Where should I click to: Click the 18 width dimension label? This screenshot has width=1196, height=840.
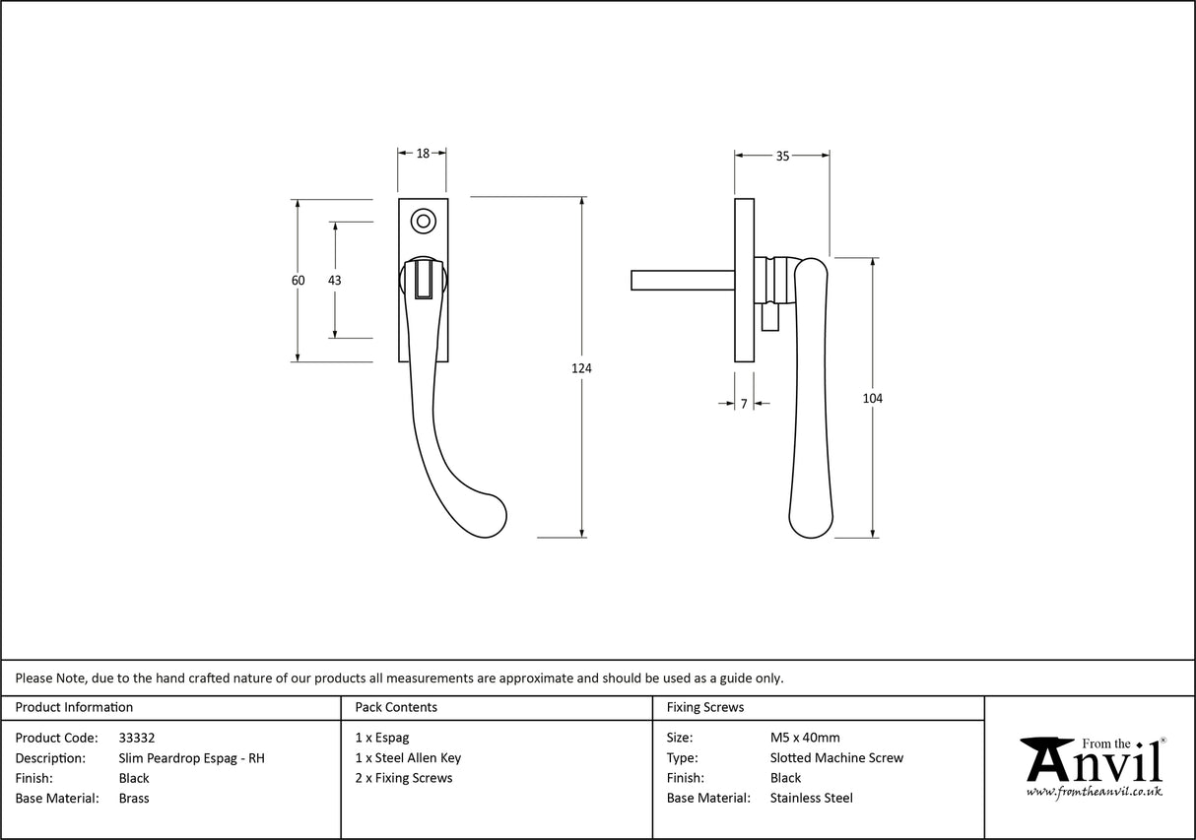(x=423, y=154)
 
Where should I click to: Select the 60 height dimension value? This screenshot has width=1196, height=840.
(x=298, y=281)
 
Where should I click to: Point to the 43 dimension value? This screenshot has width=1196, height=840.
(x=334, y=281)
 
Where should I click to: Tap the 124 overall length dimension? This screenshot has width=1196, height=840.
(x=581, y=368)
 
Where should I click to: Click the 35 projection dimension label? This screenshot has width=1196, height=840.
(x=782, y=156)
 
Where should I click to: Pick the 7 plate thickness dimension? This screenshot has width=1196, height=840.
(x=744, y=404)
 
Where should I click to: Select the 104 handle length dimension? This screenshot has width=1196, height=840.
(x=872, y=398)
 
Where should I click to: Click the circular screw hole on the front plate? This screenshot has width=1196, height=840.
(x=424, y=221)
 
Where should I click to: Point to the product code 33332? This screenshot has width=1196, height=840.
(x=136, y=738)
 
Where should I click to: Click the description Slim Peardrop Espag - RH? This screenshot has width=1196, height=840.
(x=191, y=758)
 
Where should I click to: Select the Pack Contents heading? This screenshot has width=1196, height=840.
(x=396, y=707)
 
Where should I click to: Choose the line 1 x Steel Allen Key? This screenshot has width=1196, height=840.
(x=408, y=758)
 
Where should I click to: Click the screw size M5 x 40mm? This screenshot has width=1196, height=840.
(x=804, y=738)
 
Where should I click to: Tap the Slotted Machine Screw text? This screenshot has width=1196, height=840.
(x=836, y=758)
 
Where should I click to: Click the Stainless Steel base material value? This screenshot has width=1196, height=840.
(x=811, y=799)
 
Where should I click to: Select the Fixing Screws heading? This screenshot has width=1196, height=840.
(x=705, y=707)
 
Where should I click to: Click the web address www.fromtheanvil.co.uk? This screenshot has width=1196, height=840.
(x=1094, y=791)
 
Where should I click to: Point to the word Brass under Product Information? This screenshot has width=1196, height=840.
(x=134, y=799)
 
